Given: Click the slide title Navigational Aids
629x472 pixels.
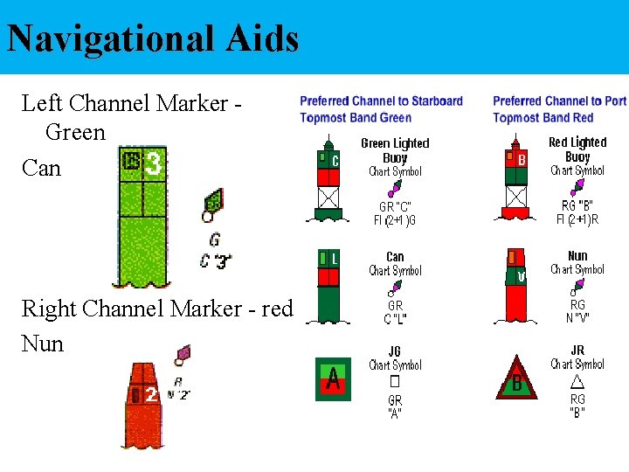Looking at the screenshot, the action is (153, 38).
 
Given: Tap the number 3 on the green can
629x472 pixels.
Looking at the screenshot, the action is (154, 163).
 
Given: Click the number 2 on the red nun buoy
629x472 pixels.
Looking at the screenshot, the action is (151, 395).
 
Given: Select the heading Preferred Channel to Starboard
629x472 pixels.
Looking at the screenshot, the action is (381, 101).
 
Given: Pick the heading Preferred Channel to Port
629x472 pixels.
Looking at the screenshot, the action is (559, 101).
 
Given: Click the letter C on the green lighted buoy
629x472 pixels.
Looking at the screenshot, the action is (335, 161).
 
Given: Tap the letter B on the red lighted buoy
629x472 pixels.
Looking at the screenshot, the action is (522, 160).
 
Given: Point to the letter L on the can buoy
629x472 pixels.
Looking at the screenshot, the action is (334, 258).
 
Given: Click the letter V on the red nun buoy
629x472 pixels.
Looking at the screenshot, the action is (522, 278).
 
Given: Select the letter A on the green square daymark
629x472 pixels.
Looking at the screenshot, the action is (333, 378).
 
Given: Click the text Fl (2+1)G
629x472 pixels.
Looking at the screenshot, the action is (395, 220).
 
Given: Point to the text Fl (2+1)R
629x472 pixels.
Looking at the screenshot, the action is (577, 219).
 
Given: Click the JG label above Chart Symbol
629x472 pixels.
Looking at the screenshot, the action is (395, 351).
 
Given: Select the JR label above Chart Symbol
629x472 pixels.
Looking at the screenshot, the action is (577, 351).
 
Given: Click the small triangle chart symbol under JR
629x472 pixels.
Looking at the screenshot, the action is (577, 382).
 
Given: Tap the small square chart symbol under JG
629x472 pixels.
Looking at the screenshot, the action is (394, 383).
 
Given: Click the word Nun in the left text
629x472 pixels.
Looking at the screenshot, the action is (43, 344).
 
